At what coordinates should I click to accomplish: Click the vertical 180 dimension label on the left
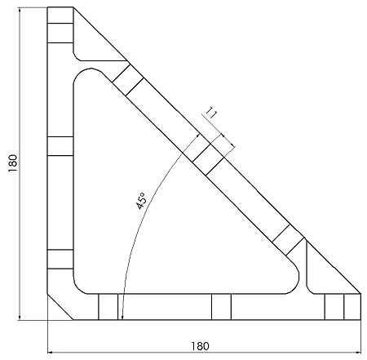pos(13,163)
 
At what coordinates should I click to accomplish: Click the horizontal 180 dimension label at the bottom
pos(200,346)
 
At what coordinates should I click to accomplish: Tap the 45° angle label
pos(141,201)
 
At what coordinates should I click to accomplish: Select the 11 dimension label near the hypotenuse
pos(211,113)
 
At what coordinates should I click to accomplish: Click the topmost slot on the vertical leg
pos(60,33)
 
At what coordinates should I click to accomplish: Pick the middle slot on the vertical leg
pos(60,146)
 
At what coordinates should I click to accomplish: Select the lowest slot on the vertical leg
pos(60,259)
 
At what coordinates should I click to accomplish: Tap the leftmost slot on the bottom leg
pos(108,307)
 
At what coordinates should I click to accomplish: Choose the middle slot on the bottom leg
pos(221,307)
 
